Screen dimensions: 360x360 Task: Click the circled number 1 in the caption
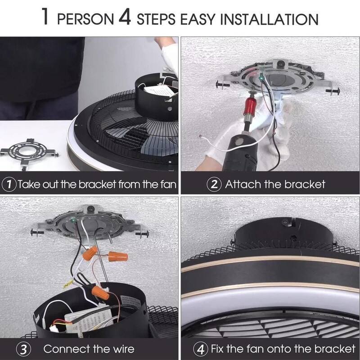[9, 184]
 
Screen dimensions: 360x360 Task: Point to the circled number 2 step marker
[213, 184]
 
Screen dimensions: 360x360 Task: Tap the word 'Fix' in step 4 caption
[219, 349]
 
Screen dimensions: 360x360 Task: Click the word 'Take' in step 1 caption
[31, 184]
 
